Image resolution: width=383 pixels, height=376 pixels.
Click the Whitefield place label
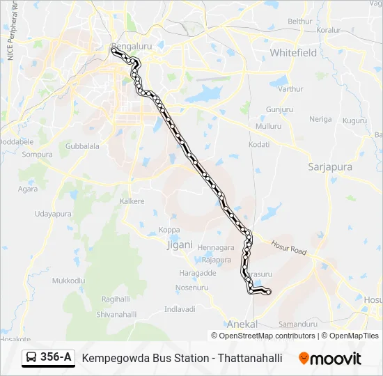coord(293,53)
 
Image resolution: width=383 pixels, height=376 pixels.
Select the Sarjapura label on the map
coord(329,167)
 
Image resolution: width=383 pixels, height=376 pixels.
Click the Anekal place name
coord(242,324)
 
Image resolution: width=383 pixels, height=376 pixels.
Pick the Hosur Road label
coord(289,248)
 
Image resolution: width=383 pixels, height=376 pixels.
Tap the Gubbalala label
coord(82,146)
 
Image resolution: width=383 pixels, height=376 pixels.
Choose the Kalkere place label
coord(132,201)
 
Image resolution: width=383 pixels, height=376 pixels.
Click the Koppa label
coord(169,230)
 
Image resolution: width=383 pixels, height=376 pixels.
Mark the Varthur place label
coord(291,89)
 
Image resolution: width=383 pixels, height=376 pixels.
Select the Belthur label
coord(300,22)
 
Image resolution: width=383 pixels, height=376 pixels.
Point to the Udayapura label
coord(53,214)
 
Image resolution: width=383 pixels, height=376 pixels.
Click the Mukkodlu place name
coord(68,280)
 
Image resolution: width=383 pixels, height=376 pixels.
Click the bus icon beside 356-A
coord(31,358)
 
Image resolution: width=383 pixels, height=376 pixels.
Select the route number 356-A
coord(56,357)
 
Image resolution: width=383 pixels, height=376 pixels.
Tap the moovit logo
coord(330,359)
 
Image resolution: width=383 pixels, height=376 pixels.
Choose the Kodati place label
coord(259,144)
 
